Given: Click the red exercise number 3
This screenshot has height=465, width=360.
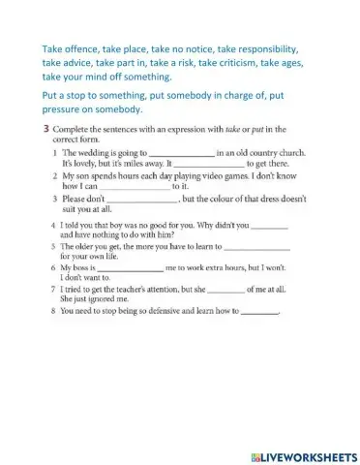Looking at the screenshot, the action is coord(46,129).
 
